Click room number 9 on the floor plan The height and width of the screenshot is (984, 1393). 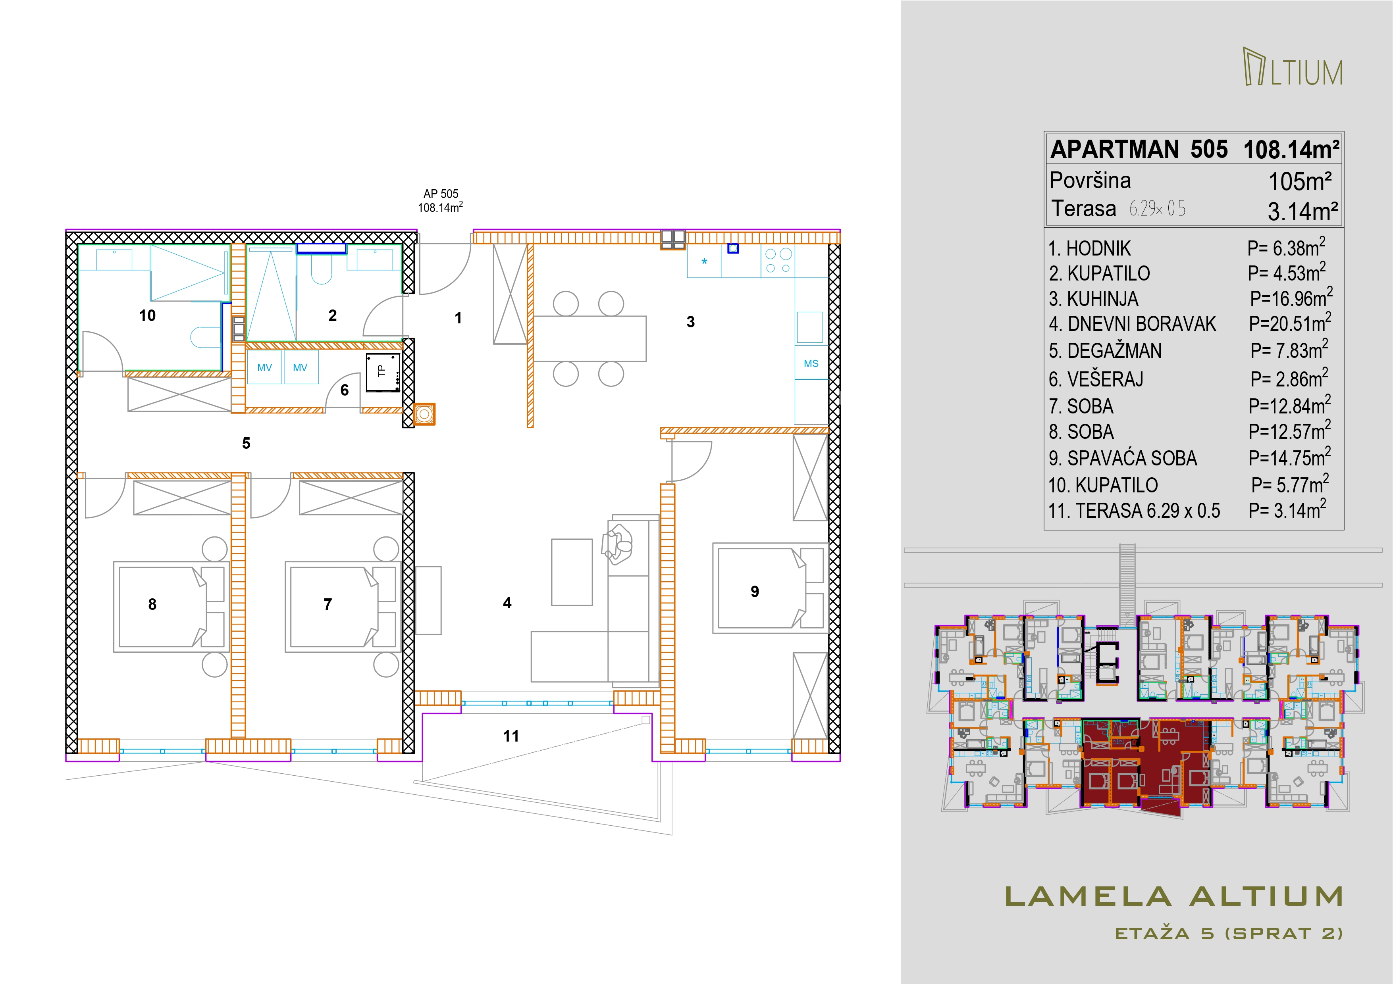tap(755, 592)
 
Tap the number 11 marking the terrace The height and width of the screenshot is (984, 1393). tap(511, 736)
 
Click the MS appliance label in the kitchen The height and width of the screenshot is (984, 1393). tap(811, 364)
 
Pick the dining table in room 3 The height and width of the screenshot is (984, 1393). tap(590, 338)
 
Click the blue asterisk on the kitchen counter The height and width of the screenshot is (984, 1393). tap(704, 262)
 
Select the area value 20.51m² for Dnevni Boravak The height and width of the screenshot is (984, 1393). tap(1290, 323)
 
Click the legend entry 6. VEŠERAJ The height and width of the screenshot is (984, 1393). tap(1096, 380)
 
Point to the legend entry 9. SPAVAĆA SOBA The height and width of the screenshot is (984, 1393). tap(1123, 458)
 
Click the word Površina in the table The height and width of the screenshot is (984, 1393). tap(1090, 181)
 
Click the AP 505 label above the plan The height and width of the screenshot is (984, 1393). tap(441, 194)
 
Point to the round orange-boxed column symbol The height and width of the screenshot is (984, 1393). tap(424, 414)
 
